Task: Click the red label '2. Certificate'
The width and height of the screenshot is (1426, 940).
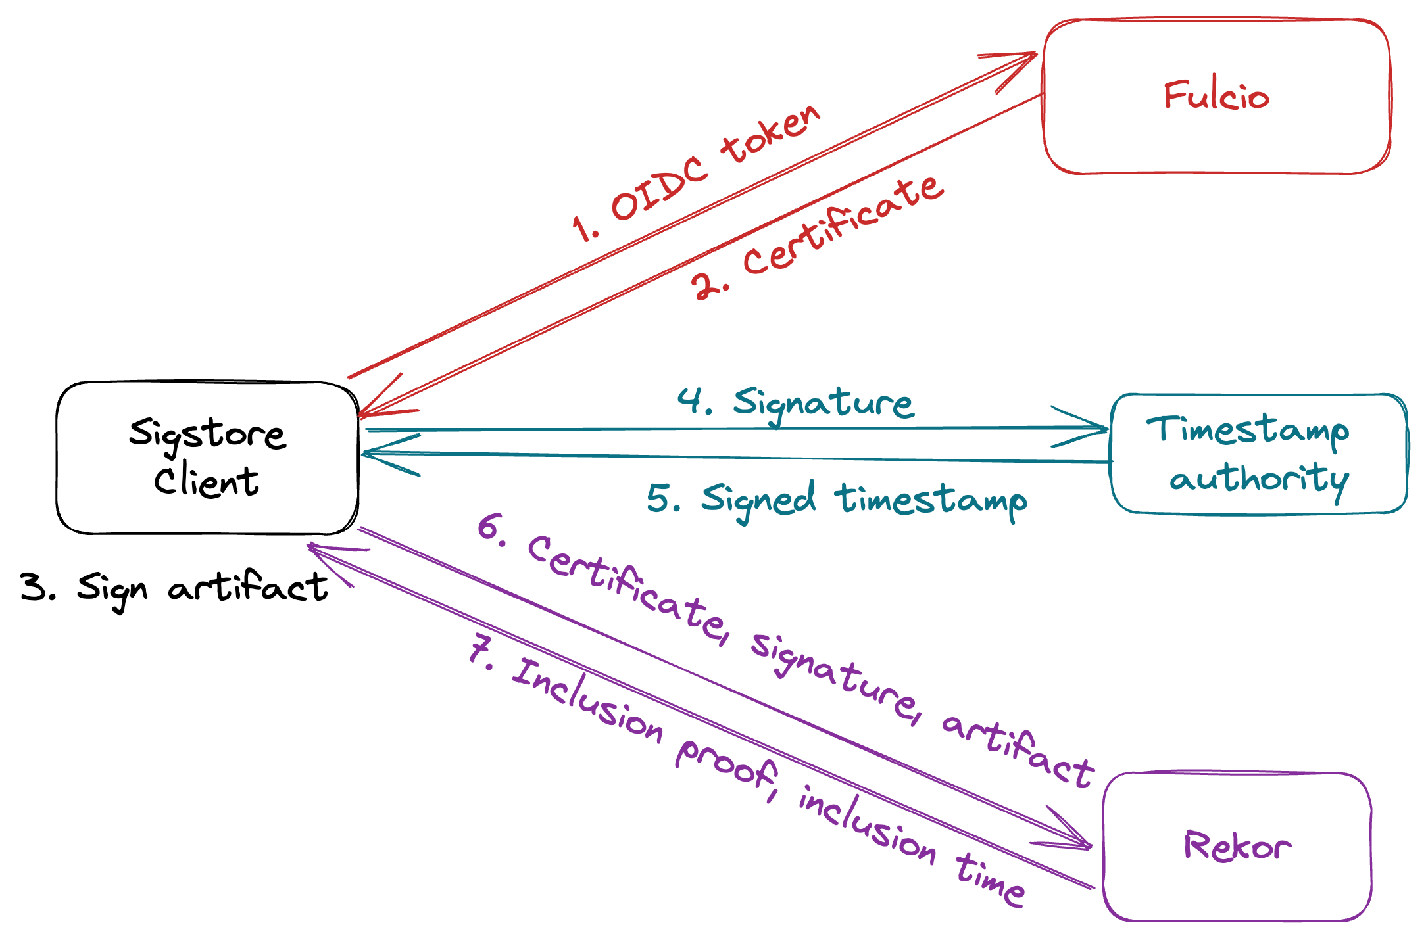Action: click(818, 238)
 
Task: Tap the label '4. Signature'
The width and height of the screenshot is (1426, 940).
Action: click(796, 402)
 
